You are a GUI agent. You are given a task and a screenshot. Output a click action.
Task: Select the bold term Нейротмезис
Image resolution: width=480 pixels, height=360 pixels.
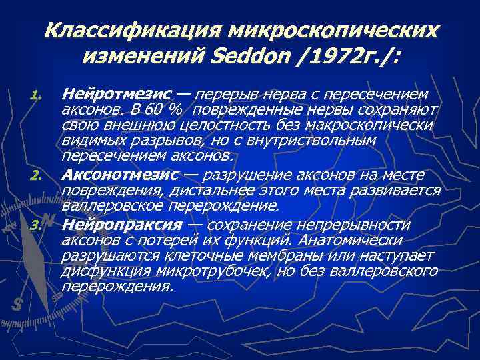117,94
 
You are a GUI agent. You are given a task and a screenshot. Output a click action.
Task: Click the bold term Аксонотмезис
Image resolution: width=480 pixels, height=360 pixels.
121,175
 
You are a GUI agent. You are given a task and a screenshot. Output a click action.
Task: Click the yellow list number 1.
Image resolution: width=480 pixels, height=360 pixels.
37,95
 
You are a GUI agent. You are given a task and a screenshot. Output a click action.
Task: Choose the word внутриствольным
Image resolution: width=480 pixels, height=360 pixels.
319,141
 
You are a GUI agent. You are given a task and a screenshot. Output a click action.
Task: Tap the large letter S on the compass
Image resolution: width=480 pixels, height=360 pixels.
18,303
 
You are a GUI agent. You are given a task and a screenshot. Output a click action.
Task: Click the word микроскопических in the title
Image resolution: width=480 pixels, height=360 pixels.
333,30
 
